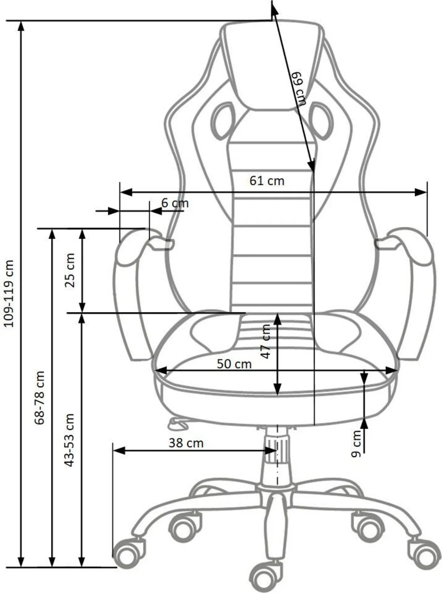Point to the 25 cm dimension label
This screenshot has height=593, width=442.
pyautogui.click(x=70, y=270)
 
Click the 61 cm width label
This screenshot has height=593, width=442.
pyautogui.click(x=267, y=181)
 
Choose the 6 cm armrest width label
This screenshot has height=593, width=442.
pyautogui.click(x=175, y=203)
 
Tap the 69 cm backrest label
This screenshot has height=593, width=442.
pyautogui.click(x=298, y=89)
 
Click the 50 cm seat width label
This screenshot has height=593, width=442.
pyautogui.click(x=234, y=364)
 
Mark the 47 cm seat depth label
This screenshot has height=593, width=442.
pyautogui.click(x=266, y=341)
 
